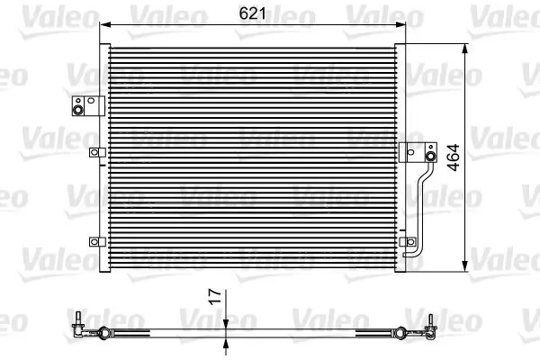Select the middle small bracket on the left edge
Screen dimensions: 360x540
coord(94,153)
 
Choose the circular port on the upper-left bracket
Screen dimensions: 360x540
coord(78,111)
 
